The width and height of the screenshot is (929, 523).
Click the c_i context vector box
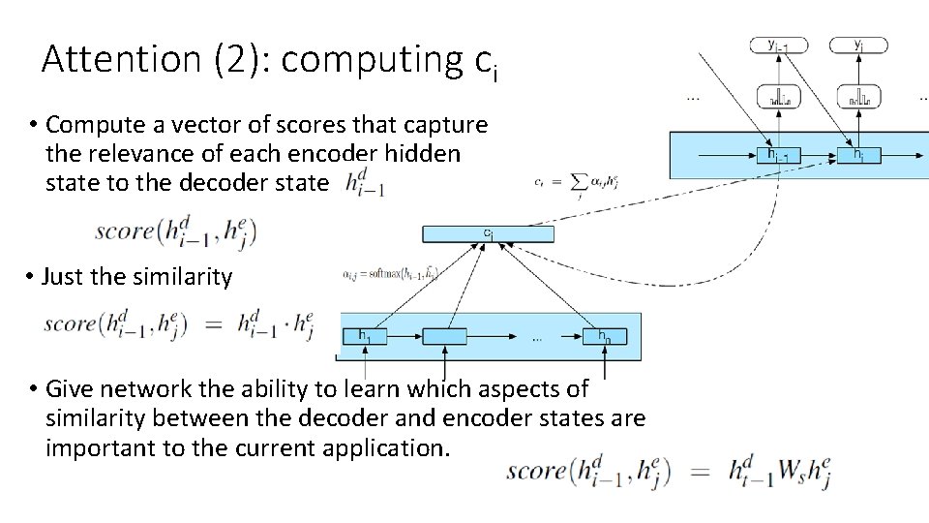click(488, 233)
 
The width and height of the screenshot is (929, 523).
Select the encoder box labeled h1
click(365, 336)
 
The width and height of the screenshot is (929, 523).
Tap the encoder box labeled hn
click(604, 336)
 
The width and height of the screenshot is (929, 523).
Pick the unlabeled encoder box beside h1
click(444, 336)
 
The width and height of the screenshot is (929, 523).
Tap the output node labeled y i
click(858, 46)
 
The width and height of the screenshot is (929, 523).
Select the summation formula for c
click(576, 181)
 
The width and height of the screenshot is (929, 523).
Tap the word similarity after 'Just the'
click(183, 278)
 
